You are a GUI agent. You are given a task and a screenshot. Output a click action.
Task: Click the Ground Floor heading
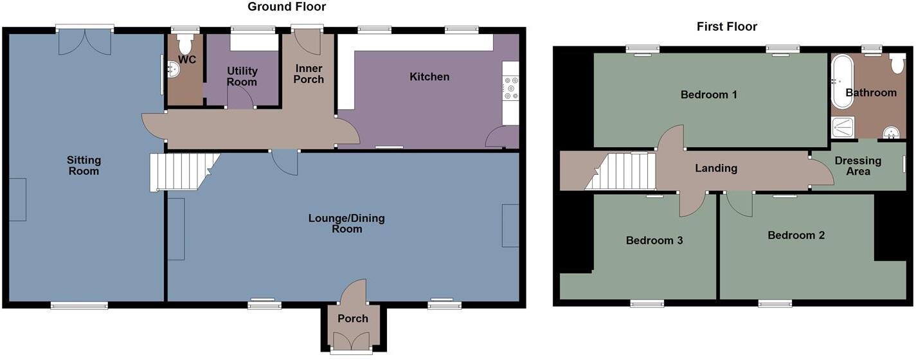coord(287,7)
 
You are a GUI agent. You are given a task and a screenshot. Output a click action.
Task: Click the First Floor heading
coord(726,26)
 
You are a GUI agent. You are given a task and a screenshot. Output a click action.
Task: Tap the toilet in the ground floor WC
coord(186,44)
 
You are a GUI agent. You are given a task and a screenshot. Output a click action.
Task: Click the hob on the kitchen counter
coord(511,89)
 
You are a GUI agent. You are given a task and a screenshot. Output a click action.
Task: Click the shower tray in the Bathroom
coord(843,128)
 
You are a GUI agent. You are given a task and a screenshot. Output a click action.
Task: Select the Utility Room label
coord(242,76)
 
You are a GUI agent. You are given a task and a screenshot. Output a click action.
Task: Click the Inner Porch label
coord(309,74)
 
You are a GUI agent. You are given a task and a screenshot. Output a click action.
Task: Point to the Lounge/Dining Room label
coord(346,223)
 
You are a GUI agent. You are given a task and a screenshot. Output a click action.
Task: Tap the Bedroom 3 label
coord(654,240)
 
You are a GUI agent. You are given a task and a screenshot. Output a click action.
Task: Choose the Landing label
coord(716,168)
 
